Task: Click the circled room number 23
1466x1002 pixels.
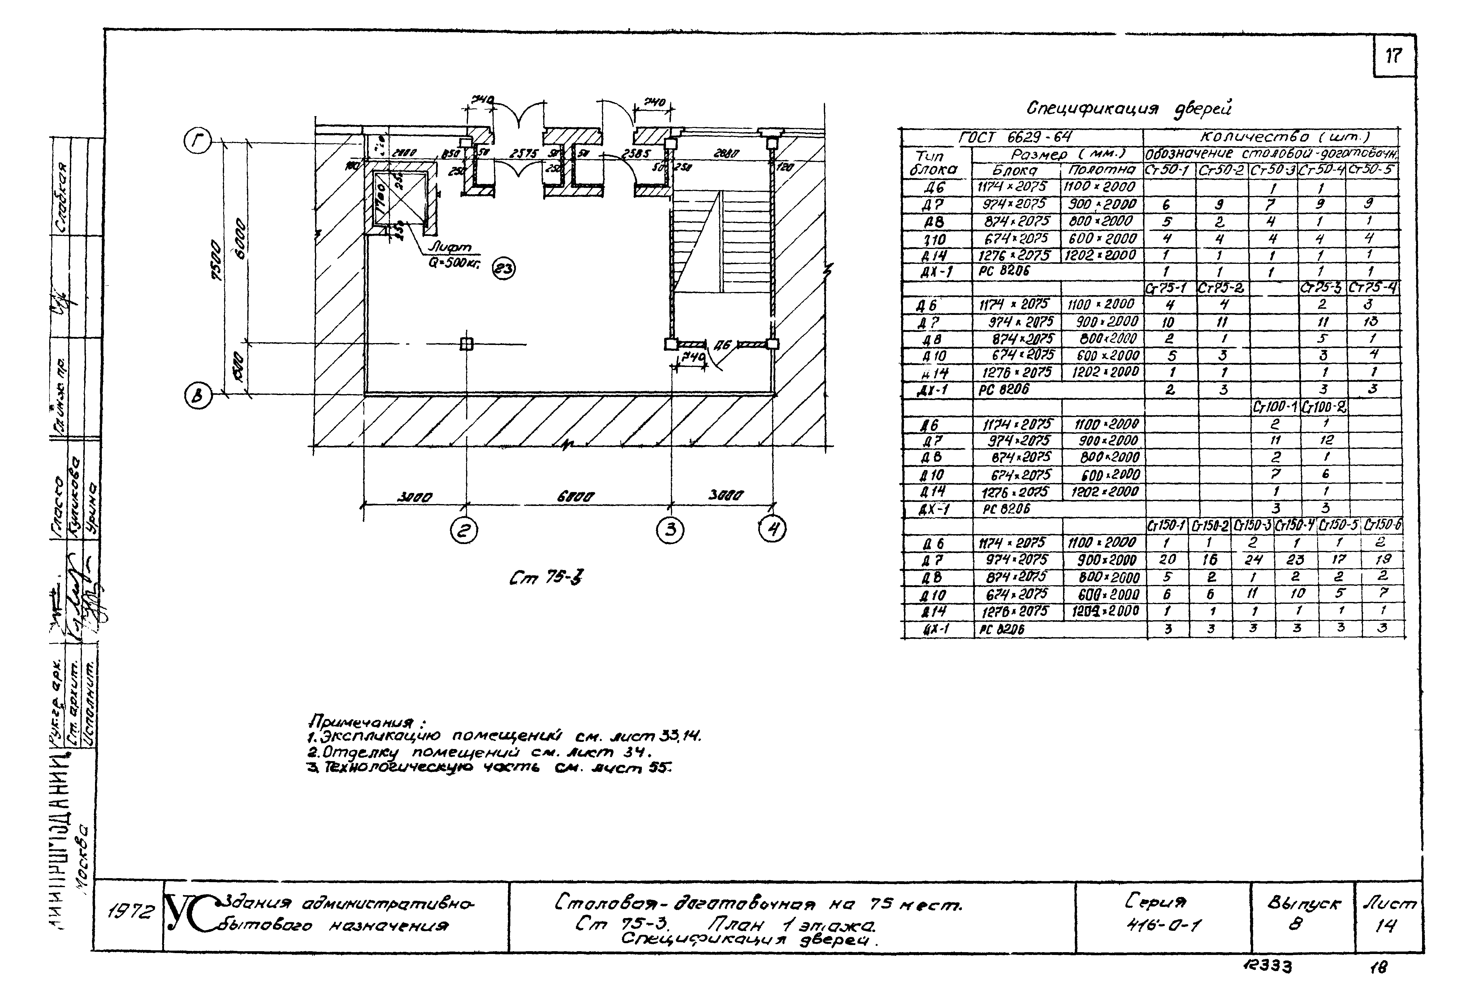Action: (x=504, y=269)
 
